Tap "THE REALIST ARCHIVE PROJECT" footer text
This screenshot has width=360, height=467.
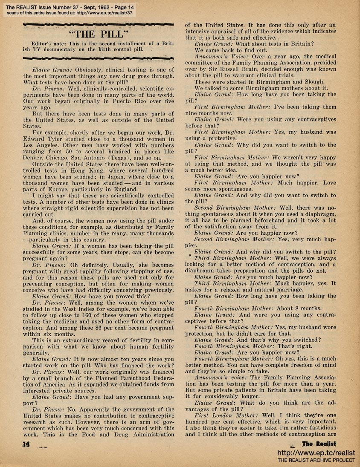tap(316, 461)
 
